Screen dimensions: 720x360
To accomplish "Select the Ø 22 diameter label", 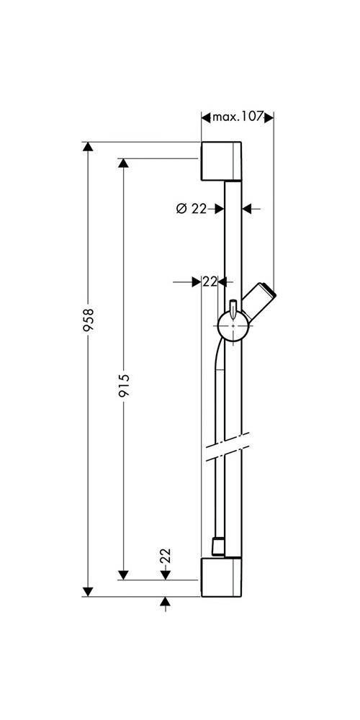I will coord(191,209).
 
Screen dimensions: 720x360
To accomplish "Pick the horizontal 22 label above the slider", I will coord(210,282).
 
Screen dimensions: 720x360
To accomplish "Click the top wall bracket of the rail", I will coord(224,161).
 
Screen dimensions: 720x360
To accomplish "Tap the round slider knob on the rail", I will coord(233,330).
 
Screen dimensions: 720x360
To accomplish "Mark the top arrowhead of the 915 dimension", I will coord(124,163).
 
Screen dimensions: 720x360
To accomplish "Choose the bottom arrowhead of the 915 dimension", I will coord(124,575).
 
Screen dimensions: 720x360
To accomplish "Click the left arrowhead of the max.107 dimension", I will coord(205,117).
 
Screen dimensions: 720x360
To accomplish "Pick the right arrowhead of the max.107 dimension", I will coord(271,117).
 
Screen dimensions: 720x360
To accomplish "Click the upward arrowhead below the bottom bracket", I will coord(166,601).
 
